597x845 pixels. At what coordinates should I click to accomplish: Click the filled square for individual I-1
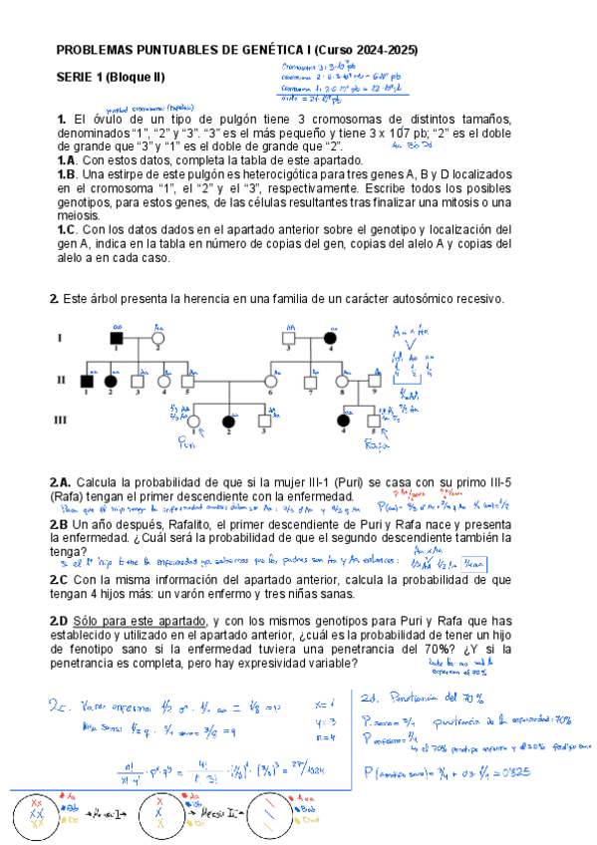point(117,338)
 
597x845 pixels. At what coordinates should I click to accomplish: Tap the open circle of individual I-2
point(157,338)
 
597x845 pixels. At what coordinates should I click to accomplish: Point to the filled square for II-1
point(87,380)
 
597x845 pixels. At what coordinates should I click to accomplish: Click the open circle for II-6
point(269,380)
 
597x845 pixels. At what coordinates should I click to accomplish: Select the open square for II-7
point(310,380)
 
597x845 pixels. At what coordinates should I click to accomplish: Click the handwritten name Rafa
point(376,444)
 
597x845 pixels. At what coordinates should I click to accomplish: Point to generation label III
point(60,421)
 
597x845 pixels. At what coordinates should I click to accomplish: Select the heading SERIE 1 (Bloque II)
point(111,77)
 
